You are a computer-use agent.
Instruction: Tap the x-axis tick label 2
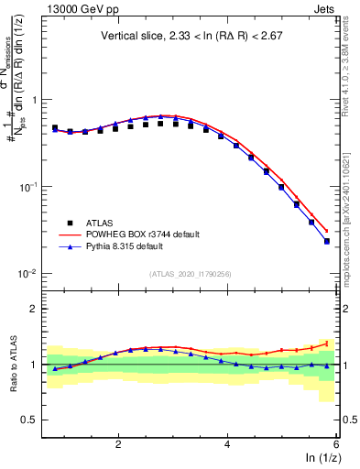click(118, 443)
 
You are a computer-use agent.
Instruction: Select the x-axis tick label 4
click(227, 443)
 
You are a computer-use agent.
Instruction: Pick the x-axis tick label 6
click(335, 443)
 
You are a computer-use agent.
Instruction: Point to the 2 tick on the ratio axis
click(34, 309)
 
